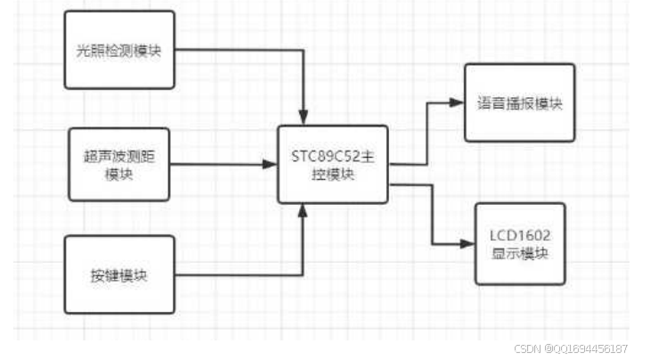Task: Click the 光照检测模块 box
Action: [119, 49]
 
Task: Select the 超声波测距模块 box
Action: [118, 164]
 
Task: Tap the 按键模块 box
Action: [119, 274]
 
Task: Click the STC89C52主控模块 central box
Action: [332, 164]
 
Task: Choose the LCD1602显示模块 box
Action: [520, 244]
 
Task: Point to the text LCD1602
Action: [520, 236]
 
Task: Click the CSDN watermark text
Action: [529, 348]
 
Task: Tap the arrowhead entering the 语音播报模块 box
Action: [458, 102]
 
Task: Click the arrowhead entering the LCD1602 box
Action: [467, 243]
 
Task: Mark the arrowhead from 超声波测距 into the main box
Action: [270, 164]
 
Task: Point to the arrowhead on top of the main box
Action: [305, 119]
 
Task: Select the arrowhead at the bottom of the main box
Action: [305, 210]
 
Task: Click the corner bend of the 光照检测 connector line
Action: [305, 49]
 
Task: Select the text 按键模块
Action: [118, 274]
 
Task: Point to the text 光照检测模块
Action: [119, 49]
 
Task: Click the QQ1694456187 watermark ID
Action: [592, 348]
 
